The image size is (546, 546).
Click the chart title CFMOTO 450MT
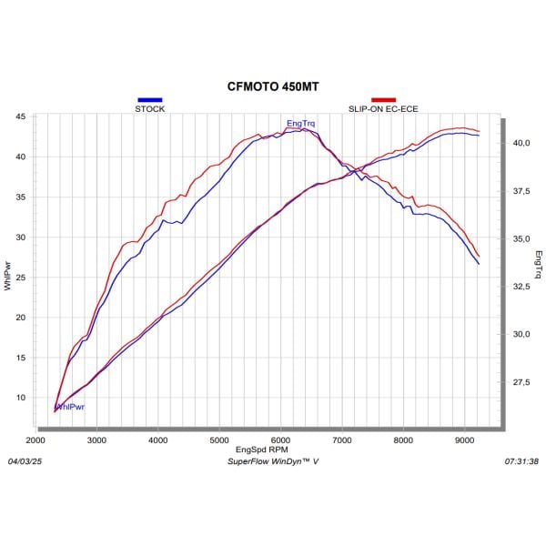pos(273,87)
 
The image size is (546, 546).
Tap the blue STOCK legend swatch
pos(149,99)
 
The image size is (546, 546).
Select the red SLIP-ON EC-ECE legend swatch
pos(383,99)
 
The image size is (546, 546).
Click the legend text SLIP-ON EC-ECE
pos(383,108)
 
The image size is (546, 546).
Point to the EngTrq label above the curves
pos(301,123)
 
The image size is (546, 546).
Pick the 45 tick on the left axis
pos(19,116)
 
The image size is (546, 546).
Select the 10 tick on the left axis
pos(19,397)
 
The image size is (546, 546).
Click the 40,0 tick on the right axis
pos(521,143)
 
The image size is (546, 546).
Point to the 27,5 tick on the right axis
pos(521,382)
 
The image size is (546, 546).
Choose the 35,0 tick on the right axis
pos(521,238)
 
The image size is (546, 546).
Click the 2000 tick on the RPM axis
pos(35,440)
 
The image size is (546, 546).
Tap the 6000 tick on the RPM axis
pos(280,440)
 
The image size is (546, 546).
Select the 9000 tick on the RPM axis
pos(464,440)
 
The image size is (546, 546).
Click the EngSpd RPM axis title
pos(262,450)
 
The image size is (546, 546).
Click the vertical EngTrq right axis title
pos(539,264)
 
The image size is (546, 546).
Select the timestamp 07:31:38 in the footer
pos(521,461)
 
